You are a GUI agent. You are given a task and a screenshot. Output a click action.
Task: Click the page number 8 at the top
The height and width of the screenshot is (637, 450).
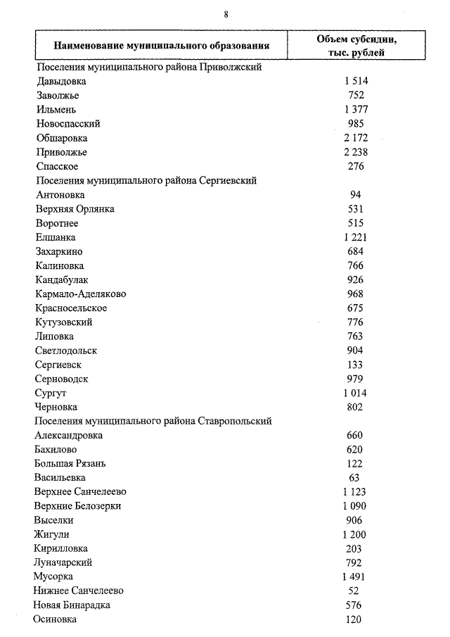(226, 14)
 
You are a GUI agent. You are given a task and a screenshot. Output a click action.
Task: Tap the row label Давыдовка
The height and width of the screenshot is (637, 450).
(60, 82)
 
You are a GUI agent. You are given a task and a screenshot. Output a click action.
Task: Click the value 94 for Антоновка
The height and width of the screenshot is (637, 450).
(355, 195)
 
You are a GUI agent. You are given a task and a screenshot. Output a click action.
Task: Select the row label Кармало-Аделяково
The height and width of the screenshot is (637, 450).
(80, 294)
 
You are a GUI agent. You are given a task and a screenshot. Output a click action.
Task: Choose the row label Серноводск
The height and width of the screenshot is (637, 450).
(61, 379)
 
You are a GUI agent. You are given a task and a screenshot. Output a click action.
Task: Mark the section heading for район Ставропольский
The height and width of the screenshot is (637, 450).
(153, 421)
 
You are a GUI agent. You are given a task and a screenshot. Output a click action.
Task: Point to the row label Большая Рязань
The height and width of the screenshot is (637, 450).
(70, 464)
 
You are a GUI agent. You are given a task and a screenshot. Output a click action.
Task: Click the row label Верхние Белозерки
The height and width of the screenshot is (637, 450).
(77, 506)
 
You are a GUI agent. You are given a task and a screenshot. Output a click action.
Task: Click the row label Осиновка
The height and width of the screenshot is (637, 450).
(55, 619)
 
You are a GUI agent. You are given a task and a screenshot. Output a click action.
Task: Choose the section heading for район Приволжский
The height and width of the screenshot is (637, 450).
(148, 68)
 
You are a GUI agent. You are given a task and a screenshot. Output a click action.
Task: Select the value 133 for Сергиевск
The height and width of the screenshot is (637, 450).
(355, 365)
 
